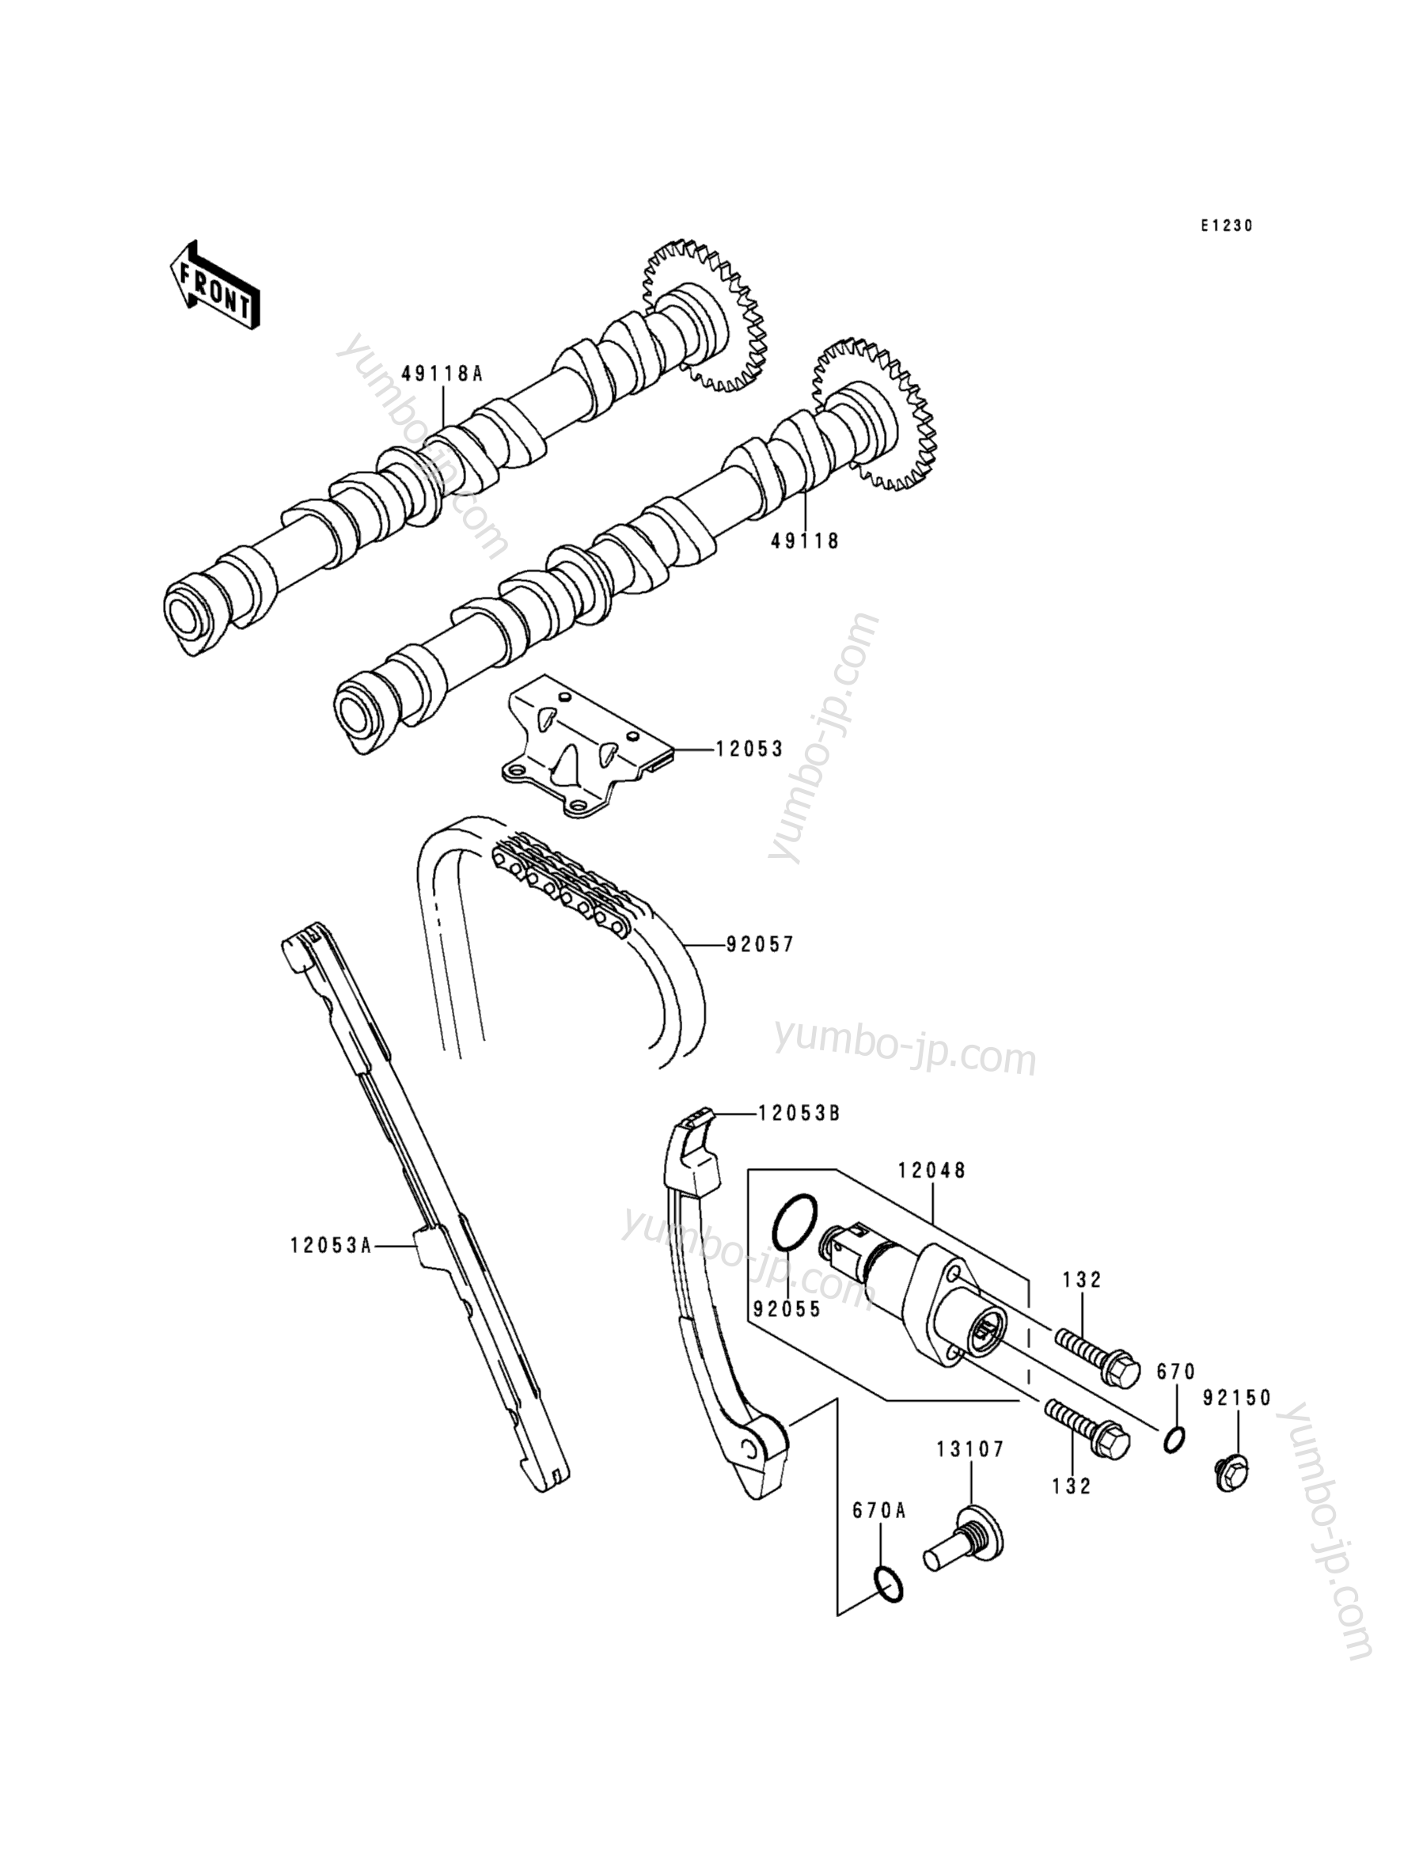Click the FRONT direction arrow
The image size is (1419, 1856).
click(214, 286)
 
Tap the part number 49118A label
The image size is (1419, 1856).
click(442, 374)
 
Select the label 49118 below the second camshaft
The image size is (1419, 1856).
click(805, 541)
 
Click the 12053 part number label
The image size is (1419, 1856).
click(750, 750)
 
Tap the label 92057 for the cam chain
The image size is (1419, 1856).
click(761, 944)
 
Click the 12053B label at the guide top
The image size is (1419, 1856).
click(799, 1114)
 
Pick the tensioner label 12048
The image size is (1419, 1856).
click(931, 1171)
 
